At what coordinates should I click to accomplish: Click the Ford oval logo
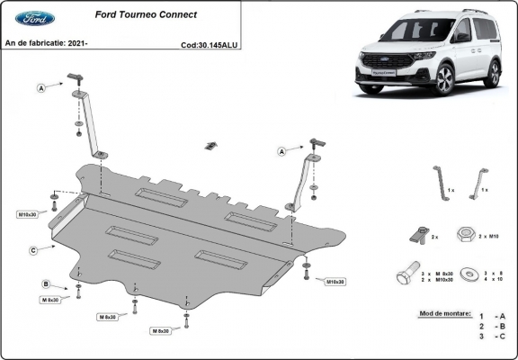point(34,18)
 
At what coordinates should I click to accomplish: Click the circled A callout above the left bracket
point(41,87)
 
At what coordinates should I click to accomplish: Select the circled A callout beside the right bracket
point(282,152)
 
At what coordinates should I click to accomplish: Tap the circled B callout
point(45,284)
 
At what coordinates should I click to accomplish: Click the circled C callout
point(33,249)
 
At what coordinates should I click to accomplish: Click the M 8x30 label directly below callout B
point(49,299)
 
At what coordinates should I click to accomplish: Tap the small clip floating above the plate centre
point(211,146)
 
